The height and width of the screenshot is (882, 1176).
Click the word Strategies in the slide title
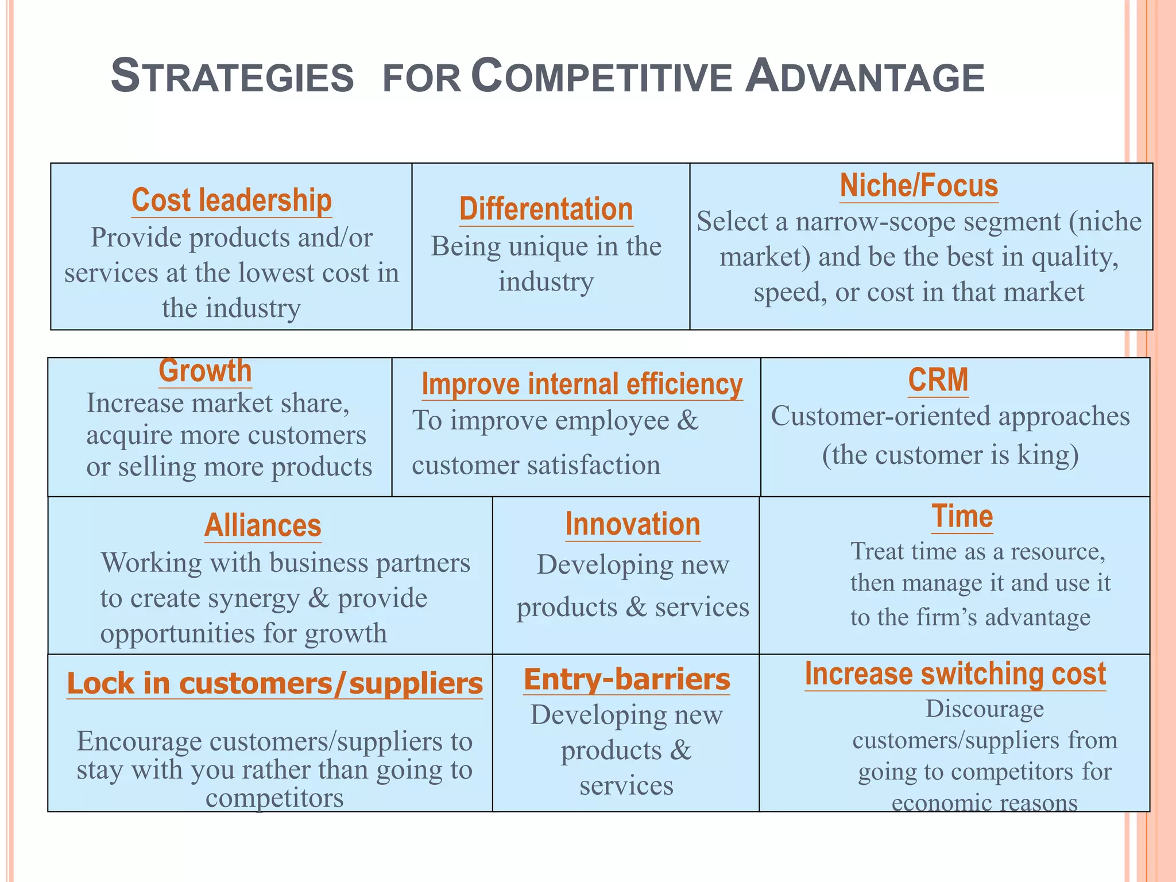coord(232,76)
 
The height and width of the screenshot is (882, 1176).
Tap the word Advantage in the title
coord(864,76)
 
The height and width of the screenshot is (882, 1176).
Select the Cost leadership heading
coord(231,200)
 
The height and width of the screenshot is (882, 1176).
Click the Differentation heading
coord(546,209)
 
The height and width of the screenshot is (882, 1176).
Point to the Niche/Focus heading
coord(919,186)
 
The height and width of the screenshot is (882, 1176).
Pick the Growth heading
coord(205,371)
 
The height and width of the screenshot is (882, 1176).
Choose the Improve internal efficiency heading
coord(582,384)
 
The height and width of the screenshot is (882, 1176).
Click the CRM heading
coord(938,380)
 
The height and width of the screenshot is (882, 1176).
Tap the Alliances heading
coord(263,525)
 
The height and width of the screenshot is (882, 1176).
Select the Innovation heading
coord(633,524)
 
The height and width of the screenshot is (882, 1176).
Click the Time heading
coord(962,516)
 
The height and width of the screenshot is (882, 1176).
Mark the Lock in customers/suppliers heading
coord(274,683)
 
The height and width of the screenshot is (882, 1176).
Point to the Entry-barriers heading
coord(626,679)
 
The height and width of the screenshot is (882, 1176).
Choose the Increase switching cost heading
coord(955,674)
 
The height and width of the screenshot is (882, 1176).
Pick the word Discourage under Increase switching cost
coord(984,709)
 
